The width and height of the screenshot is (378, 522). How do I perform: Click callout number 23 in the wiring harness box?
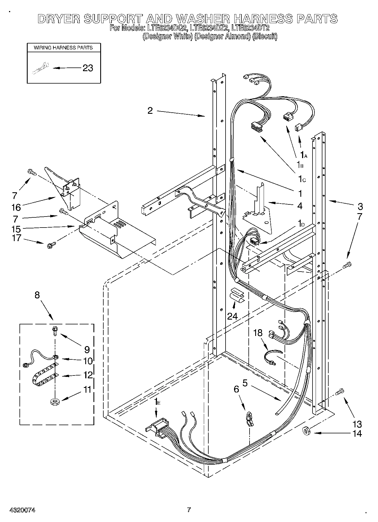(88, 68)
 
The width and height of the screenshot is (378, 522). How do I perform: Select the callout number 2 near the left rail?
(150, 110)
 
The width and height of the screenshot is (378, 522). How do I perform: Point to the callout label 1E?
(157, 402)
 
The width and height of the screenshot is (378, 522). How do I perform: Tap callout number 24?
(232, 316)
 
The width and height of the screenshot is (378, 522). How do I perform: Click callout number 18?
(258, 333)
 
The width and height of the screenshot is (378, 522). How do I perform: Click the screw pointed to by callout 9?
(54, 330)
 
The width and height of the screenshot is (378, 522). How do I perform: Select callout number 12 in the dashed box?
(88, 375)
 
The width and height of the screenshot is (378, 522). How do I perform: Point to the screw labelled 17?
(51, 245)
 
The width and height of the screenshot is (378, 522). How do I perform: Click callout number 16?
(16, 208)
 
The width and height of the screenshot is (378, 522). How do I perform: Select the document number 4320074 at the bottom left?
(22, 510)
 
